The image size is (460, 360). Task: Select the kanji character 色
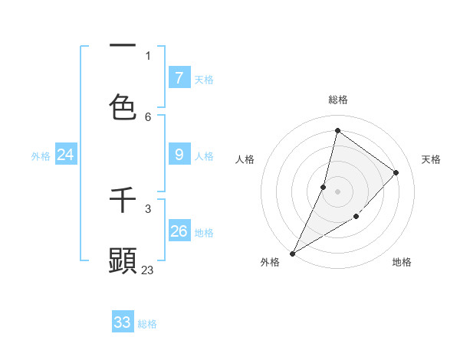pos(123,106)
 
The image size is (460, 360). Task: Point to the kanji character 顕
pos(123,260)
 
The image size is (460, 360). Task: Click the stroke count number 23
pos(148,270)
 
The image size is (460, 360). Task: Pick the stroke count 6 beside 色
pos(148,116)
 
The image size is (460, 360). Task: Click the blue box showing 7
pos(179,77)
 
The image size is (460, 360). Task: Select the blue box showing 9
pos(179,155)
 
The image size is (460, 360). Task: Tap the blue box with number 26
pos(179,231)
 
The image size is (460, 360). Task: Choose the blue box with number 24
pos(65,155)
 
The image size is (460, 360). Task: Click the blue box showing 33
pos(123,322)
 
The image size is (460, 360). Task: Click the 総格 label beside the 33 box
pos(147,324)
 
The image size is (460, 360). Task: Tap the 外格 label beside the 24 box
pos(41,156)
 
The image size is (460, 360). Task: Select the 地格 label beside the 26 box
pos(204,233)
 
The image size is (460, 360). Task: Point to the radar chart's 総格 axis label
pos(338,100)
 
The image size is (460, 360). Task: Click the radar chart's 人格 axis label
pos(245,159)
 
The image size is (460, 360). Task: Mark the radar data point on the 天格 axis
pos(396,172)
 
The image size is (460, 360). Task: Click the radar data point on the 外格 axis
pos(292,253)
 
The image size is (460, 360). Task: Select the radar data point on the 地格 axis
pos(356,217)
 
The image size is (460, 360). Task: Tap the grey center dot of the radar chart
pos(338,191)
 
